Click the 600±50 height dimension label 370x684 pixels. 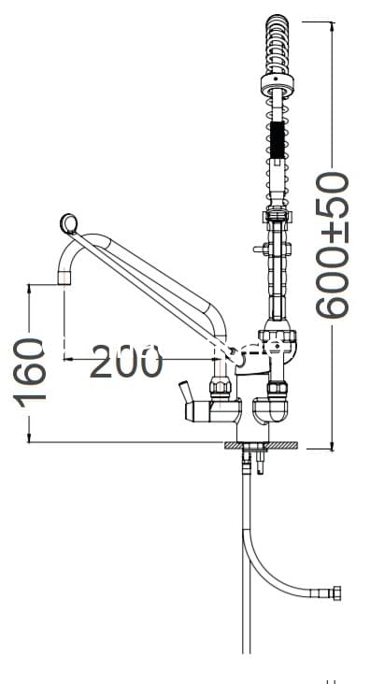332,245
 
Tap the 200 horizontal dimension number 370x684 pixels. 126,361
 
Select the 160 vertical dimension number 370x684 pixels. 30,373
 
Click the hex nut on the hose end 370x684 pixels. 336,593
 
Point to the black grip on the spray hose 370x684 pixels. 277,139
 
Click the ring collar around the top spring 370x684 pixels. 277,84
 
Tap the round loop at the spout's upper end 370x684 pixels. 68,223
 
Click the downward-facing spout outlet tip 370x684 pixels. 64,278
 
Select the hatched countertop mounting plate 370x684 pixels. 261,445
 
